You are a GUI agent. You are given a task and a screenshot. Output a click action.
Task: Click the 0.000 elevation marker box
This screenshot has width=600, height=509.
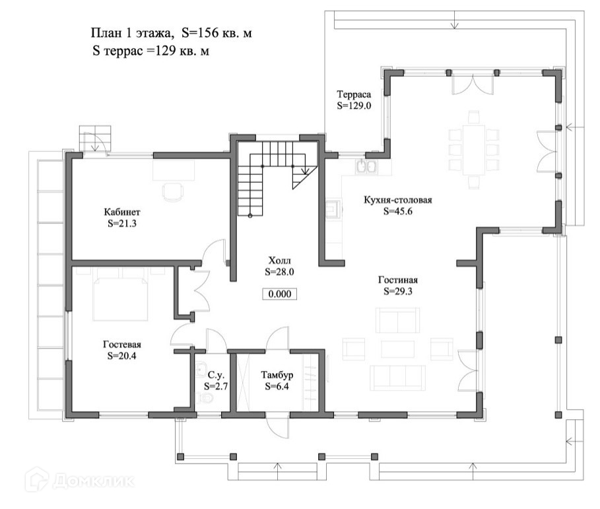pyautogui.click(x=279, y=294)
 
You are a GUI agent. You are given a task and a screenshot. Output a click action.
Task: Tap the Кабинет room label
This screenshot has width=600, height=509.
pyautogui.click(x=122, y=212)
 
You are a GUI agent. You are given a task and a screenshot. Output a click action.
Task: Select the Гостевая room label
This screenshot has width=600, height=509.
pyautogui.click(x=121, y=345)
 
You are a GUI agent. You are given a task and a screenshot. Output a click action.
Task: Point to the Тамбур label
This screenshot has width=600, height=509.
pyautogui.click(x=277, y=375)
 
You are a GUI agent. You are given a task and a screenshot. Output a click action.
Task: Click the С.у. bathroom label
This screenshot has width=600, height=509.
pyautogui.click(x=216, y=375)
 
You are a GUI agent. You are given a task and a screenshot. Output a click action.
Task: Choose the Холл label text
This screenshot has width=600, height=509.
pyautogui.click(x=279, y=261)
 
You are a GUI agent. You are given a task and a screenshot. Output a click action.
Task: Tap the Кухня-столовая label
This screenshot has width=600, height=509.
pyautogui.click(x=397, y=200)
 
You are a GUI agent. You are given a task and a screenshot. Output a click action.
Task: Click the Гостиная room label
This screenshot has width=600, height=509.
pyautogui.click(x=397, y=280)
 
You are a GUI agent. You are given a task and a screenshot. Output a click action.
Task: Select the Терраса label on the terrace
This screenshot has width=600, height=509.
pyautogui.click(x=354, y=94)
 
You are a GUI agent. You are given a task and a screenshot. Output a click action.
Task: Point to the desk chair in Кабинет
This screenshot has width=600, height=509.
pyautogui.click(x=173, y=191)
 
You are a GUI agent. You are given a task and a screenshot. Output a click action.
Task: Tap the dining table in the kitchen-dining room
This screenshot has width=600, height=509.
pyautogui.click(x=474, y=150)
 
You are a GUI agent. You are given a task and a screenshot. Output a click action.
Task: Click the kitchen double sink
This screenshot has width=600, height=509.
pyautogui.click(x=366, y=167)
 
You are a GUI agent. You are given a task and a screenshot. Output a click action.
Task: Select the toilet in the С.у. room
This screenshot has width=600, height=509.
pyautogui.click(x=205, y=398)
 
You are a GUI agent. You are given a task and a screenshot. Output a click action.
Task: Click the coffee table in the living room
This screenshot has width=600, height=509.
pyautogui.click(x=397, y=349)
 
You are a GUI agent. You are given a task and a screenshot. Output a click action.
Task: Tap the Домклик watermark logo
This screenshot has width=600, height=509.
pyautogui.click(x=81, y=481)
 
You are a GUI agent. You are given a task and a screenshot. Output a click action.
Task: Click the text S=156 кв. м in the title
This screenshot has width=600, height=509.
pyautogui.click(x=217, y=33)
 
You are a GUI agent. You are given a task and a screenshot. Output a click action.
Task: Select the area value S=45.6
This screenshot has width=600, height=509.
pyautogui.click(x=398, y=211)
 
